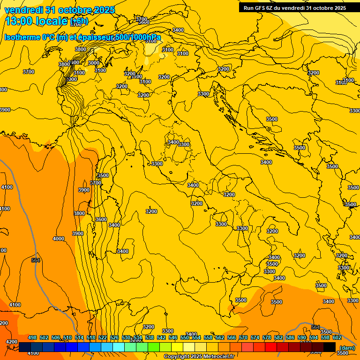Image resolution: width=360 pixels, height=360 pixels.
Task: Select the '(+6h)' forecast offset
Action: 78,21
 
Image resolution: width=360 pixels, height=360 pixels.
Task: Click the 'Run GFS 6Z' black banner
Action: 294,8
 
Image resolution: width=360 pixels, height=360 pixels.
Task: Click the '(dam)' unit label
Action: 347,348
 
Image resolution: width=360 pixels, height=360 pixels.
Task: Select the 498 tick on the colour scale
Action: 32,337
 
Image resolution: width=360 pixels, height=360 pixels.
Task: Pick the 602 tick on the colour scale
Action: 337,337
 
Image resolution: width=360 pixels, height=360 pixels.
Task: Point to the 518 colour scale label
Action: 91,337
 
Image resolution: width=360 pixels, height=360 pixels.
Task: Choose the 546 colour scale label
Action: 173,337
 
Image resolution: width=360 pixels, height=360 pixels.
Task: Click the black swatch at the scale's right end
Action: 330,347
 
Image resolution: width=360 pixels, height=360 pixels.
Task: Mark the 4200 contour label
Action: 11,342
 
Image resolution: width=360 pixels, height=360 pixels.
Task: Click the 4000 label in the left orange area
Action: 59,239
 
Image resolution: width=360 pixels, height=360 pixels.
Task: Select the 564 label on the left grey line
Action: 36,261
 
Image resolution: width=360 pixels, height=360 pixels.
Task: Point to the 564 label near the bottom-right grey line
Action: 315,327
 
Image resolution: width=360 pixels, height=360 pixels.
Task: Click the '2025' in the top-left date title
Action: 104,10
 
